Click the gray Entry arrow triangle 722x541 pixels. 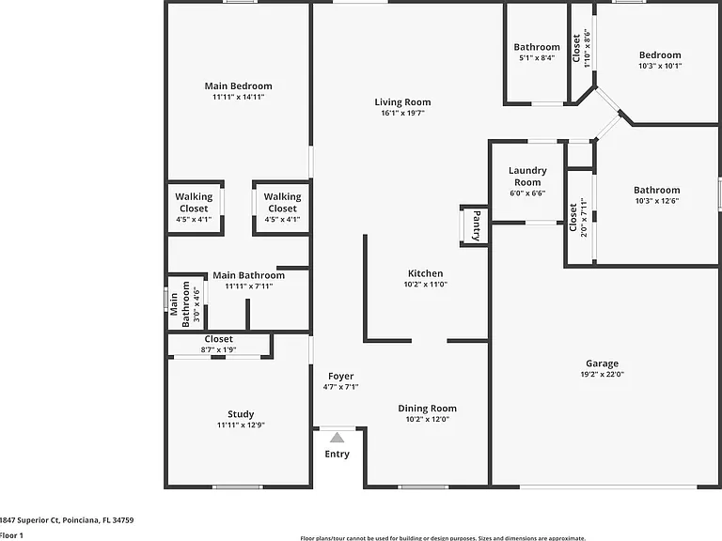[337, 438]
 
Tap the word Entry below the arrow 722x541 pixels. [337, 454]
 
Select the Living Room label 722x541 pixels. [402, 102]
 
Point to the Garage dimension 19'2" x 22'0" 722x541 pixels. [603, 375]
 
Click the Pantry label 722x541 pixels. [477, 225]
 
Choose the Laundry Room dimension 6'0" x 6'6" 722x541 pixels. [527, 193]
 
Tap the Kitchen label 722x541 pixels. [426, 273]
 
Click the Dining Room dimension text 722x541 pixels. [428, 419]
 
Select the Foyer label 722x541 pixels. [340, 377]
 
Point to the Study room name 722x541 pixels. [241, 414]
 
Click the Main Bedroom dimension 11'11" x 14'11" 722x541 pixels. [239, 97]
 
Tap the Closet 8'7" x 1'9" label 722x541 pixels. [219, 344]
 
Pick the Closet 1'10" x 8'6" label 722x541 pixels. [581, 48]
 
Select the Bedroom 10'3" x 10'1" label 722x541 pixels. [660, 60]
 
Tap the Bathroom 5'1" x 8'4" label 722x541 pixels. [537, 52]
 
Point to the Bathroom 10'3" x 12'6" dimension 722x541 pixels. [657, 201]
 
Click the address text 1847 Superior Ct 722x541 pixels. [29, 520]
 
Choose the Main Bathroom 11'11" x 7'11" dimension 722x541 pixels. [248, 286]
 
